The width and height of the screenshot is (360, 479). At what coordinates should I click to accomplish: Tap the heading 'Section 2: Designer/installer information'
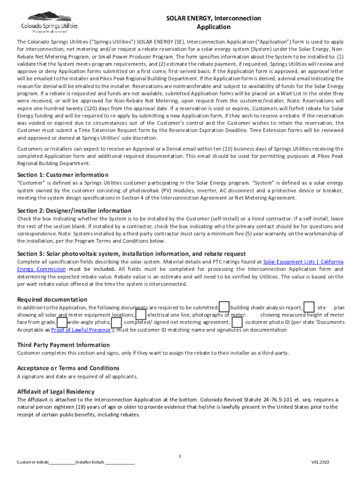click(74, 210)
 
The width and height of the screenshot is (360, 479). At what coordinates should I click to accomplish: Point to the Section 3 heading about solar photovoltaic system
click(131, 254)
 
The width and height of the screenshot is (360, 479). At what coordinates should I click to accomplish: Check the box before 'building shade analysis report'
click(224, 307)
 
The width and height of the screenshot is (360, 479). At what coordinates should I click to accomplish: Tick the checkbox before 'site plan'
click(309, 307)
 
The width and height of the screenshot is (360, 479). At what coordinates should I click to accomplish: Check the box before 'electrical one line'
click(141, 315)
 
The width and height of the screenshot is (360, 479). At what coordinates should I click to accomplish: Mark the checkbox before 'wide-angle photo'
click(62, 322)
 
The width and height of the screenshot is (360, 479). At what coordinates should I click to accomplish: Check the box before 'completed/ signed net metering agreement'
click(117, 322)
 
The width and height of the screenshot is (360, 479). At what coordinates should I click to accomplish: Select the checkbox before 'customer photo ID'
click(237, 322)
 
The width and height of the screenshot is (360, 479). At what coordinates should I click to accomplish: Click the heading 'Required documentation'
click(52, 299)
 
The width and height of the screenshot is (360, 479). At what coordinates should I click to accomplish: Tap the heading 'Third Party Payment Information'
click(63, 345)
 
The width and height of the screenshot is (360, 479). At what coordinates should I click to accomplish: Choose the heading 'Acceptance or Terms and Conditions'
click(68, 368)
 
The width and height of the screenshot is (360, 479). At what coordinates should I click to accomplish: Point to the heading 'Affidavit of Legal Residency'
click(56, 392)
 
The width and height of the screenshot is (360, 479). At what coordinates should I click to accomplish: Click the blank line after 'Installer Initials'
click(120, 462)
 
